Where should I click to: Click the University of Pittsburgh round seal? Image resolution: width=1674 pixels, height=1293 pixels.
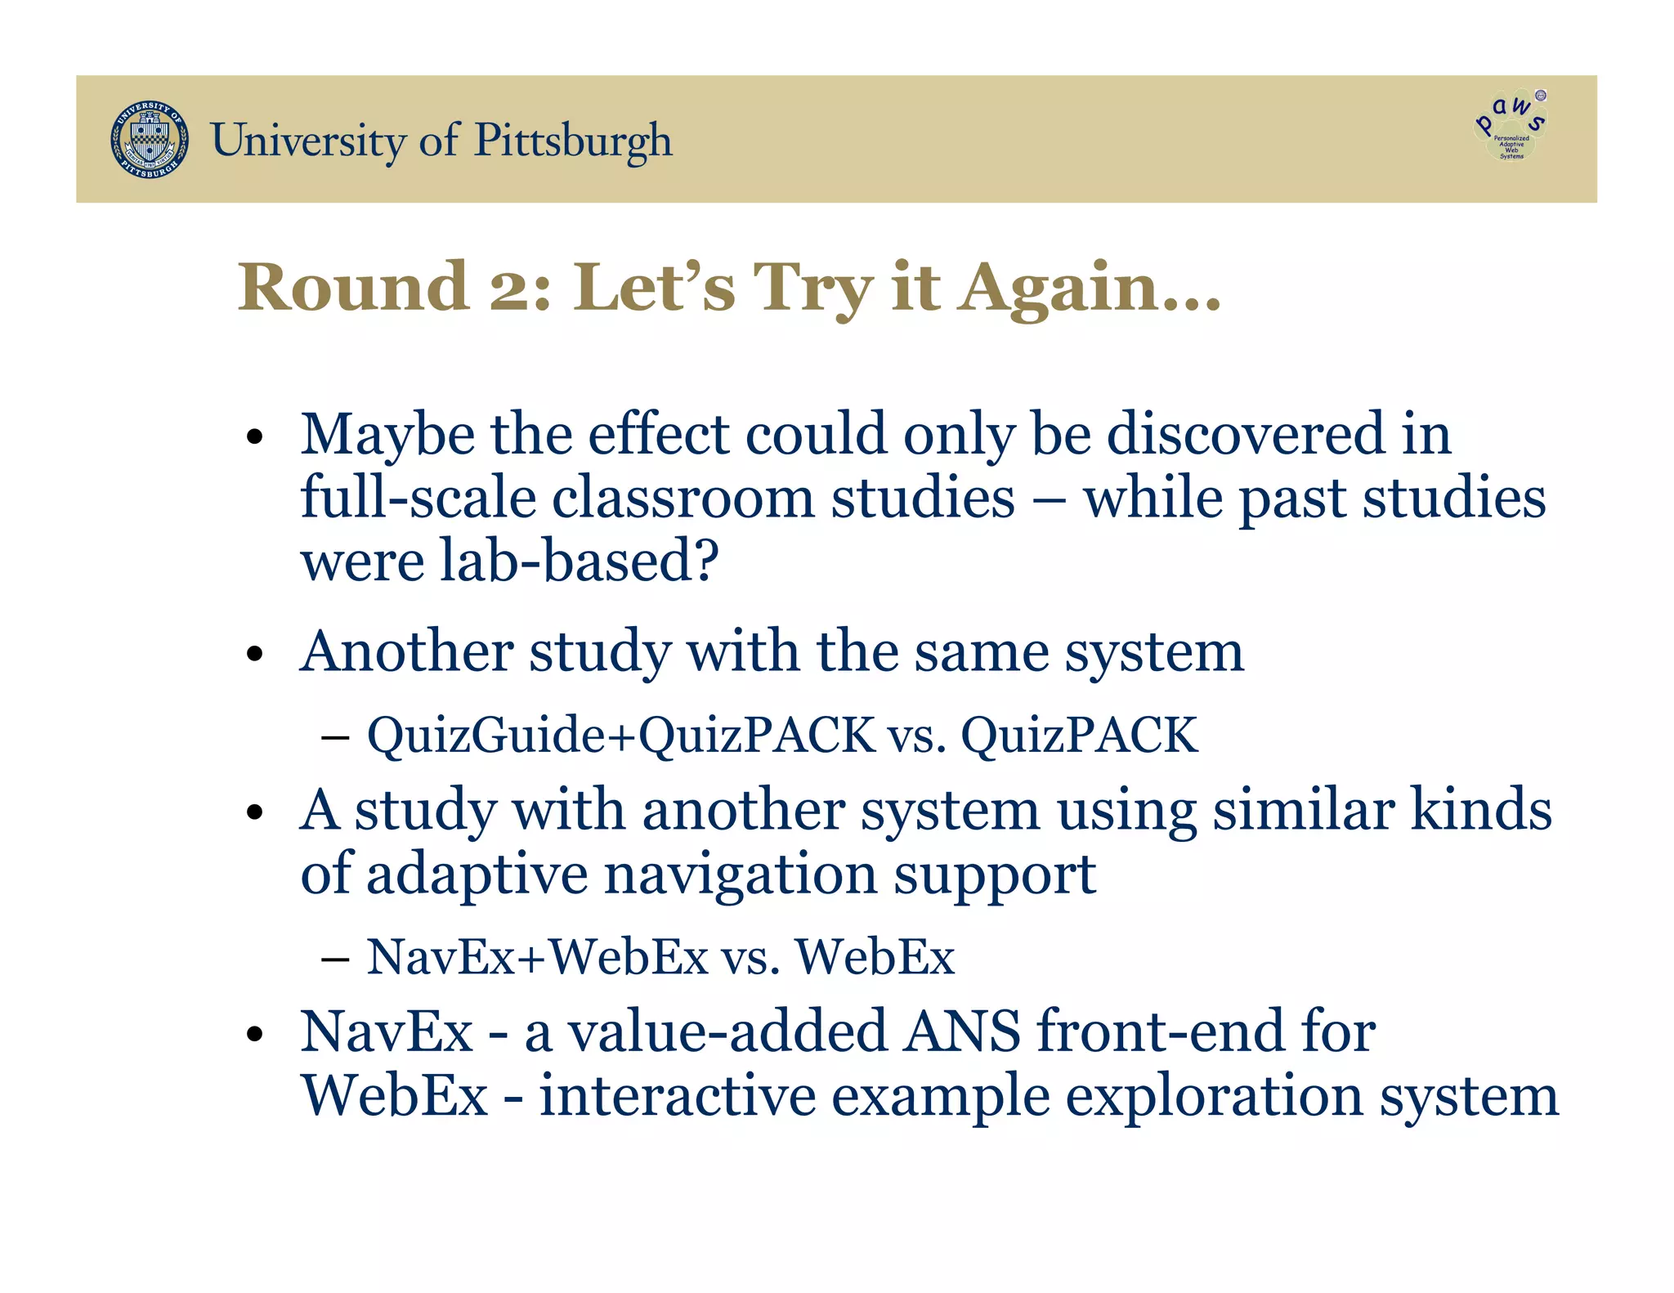(150, 141)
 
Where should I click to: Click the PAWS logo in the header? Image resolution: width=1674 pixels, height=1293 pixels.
(1511, 127)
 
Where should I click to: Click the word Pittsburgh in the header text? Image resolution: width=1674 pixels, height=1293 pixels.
(573, 141)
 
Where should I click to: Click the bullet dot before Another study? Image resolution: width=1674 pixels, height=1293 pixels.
(256, 654)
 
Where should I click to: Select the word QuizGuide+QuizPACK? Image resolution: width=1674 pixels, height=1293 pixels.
(621, 735)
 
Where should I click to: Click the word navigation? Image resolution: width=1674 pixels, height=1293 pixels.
(740, 875)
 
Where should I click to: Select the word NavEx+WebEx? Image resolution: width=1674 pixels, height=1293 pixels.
(537, 956)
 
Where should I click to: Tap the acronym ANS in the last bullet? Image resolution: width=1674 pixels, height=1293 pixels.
(962, 1031)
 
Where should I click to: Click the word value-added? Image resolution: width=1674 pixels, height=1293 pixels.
(727, 1031)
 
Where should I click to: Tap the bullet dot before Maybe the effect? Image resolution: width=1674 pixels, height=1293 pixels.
(256, 437)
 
